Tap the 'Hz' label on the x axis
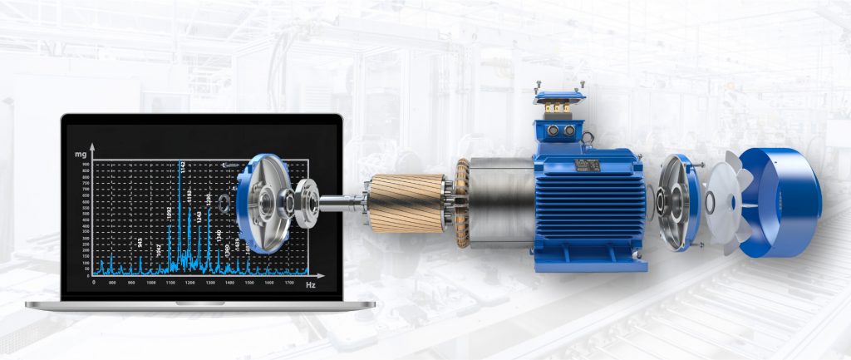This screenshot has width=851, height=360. pos(310,285)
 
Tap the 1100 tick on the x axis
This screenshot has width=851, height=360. pos(170,283)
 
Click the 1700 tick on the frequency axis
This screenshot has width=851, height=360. pos(288,283)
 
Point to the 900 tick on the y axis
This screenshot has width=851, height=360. pos(86,165)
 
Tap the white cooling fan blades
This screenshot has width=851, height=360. pos(725,204)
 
